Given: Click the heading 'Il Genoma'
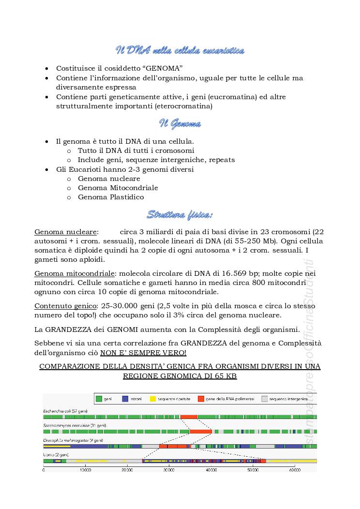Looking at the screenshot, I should tap(180, 124).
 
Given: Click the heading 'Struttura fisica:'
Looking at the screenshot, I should tap(180, 214).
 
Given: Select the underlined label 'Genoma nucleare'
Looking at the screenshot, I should tap(66, 232).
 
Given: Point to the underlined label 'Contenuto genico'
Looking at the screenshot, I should tap(65, 306).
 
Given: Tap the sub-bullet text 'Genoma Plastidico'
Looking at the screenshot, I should tap(111, 197).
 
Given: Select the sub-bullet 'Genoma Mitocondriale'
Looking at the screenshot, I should tap(118, 188).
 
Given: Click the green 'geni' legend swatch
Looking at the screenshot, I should tap(99, 399).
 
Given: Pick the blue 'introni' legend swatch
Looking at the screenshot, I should tap(125, 399).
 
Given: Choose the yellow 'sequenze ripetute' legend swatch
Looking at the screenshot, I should tap(153, 399).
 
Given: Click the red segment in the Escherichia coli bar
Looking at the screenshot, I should tap(189, 417).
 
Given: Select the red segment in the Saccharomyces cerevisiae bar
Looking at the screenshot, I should tap(201, 431).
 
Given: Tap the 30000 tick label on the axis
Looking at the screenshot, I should tap(169, 470).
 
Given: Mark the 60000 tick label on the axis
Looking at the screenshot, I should tap(294, 470).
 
